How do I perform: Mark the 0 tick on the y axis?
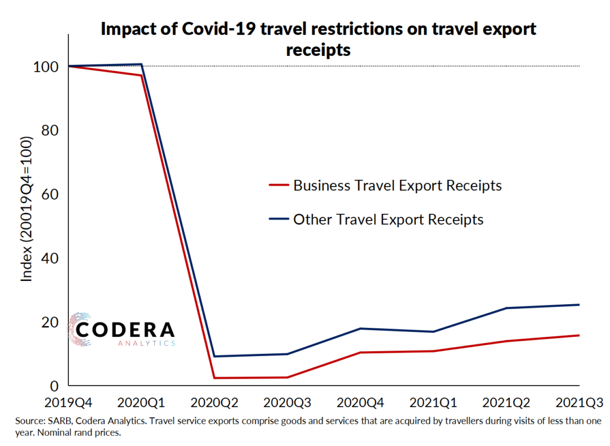(54, 386)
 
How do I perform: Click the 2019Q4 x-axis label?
(68, 402)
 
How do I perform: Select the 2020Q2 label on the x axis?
(214, 402)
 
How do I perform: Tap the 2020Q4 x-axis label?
(360, 402)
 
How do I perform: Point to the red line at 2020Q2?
(214, 378)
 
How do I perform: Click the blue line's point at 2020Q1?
(141, 64)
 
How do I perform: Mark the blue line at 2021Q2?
(507, 308)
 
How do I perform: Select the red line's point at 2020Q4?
(360, 353)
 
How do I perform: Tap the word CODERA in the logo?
(125, 330)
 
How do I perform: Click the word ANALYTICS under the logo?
(146, 343)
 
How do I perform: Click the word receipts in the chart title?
(318, 50)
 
